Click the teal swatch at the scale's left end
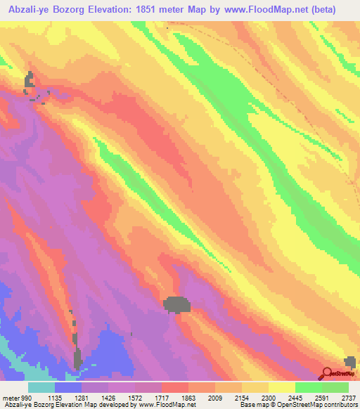[41, 387]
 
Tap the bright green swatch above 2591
[309, 387]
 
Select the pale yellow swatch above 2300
[282, 387]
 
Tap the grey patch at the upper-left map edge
[29, 81]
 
